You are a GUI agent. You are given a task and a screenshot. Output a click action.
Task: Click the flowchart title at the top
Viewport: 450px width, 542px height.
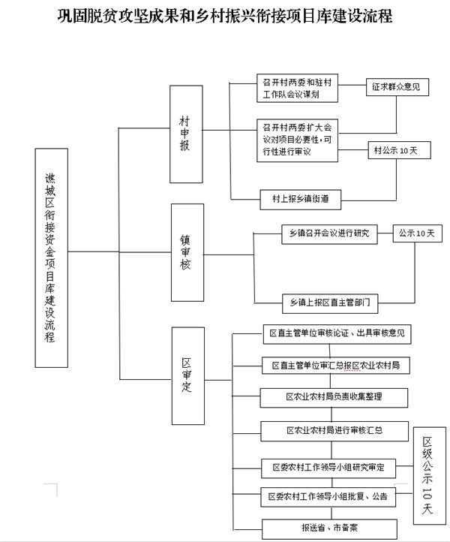pos(225,16)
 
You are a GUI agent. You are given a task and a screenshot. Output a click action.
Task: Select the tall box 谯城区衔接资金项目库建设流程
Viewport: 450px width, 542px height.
pos(52,258)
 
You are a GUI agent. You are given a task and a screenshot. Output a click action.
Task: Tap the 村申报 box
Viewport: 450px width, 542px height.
pos(186,134)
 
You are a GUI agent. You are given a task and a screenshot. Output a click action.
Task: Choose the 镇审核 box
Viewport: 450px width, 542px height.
pos(187,252)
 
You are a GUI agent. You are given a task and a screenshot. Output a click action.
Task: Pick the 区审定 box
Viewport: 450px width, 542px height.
pos(188,376)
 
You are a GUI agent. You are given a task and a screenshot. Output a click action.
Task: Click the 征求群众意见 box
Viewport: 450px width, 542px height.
pos(397,87)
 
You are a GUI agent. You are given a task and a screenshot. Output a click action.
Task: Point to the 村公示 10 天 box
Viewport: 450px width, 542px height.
pos(399,150)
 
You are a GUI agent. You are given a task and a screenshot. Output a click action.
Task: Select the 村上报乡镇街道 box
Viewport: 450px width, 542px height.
pos(301,200)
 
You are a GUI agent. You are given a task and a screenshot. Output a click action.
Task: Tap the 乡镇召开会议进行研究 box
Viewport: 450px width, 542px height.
pos(329,234)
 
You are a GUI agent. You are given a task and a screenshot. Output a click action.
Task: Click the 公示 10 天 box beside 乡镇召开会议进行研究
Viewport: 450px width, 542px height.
pos(417,233)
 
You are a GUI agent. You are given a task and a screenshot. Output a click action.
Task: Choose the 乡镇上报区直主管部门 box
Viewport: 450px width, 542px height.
pos(330,303)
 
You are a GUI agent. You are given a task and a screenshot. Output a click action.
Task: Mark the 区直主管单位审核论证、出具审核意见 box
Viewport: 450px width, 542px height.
pos(337,334)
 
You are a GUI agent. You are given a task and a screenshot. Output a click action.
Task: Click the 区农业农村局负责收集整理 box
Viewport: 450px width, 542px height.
pos(334,398)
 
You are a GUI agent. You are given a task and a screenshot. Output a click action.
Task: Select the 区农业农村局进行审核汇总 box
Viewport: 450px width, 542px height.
pos(334,431)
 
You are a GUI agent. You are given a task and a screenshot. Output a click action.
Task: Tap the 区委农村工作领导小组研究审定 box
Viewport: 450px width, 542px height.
pos(328,468)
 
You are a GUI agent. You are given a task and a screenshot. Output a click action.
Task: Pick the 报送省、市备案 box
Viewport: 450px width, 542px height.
pos(329,529)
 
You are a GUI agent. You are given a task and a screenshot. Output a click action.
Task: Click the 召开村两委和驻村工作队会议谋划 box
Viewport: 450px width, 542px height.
pos(297,88)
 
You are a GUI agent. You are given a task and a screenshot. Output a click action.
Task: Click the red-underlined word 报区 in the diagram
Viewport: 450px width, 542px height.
pos(352,366)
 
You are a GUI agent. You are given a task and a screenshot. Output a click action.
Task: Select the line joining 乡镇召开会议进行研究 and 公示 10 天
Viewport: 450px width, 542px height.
pos(385,233)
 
